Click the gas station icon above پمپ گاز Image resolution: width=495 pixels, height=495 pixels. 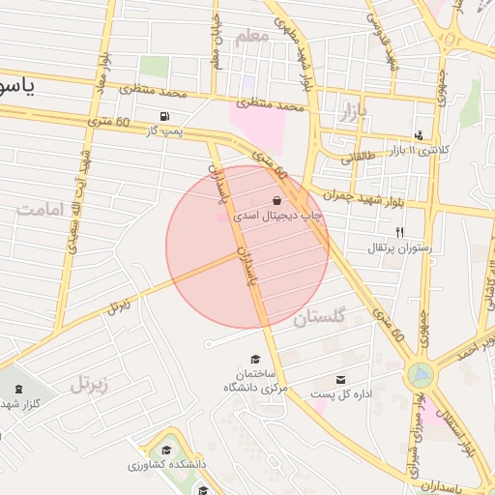click(x=161, y=116)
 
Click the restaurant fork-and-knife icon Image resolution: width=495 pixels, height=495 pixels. click(x=399, y=232)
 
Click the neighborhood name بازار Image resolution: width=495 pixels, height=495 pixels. click(x=355, y=113)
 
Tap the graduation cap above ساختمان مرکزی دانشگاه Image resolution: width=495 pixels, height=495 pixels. click(x=254, y=359)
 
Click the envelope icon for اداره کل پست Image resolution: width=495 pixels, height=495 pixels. click(x=340, y=379)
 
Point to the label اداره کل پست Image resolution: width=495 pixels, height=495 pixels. click(x=341, y=393)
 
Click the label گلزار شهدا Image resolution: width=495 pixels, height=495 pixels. click(x=19, y=403)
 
